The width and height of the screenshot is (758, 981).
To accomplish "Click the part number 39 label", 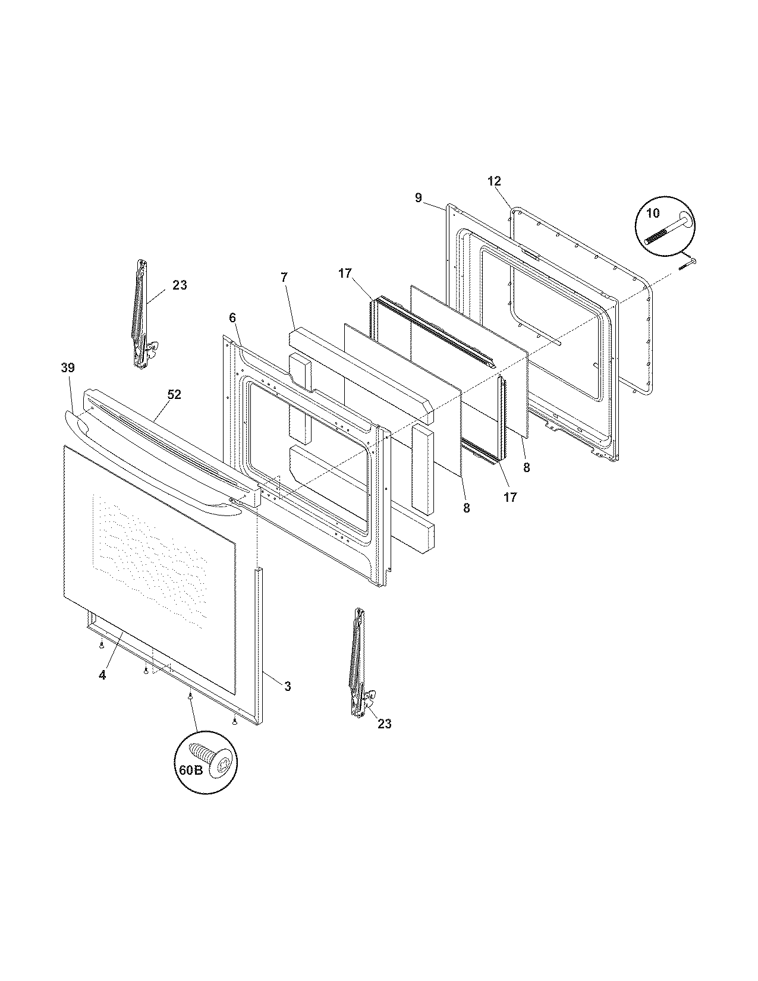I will coord(68,368).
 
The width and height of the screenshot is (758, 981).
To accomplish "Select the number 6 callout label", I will coord(232,318).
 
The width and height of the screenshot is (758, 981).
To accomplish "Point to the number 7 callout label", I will coord(284,277).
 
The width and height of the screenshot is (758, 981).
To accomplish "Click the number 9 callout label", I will coord(419,198).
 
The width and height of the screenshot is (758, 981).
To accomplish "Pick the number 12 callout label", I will coord(494,181).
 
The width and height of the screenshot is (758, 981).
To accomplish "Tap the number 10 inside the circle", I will coord(652,213).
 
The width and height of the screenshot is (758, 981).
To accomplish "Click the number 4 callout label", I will coord(102,675).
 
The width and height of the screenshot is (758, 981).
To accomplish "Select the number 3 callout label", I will coord(287,686).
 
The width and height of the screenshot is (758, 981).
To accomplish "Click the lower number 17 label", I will coord(510,497).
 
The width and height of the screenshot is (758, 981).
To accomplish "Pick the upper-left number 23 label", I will coord(180,285).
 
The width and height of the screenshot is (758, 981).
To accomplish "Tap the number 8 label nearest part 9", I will coord(527,468).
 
